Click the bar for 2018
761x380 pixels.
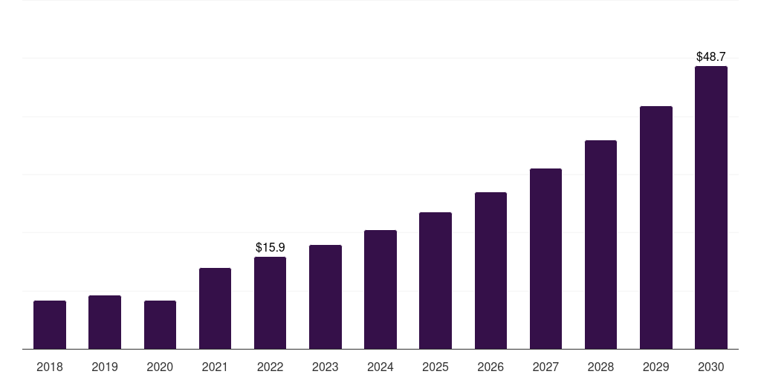[50, 325]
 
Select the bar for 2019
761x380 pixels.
[105, 322]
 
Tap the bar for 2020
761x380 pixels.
[161, 325]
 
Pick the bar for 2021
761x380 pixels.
[215, 308]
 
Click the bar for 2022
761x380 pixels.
[270, 303]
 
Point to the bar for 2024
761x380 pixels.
[380, 289]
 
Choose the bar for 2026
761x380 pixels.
[490, 270]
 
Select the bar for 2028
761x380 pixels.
[600, 245]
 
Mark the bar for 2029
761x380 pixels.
[656, 227]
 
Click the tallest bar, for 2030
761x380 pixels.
[711, 208]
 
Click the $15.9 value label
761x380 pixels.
[271, 247]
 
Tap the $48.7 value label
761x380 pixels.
[711, 56]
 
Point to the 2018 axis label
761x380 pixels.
[50, 367]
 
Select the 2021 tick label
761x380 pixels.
[215, 367]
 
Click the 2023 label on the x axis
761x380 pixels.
[326, 367]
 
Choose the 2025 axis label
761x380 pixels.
[435, 367]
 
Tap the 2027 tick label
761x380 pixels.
[545, 367]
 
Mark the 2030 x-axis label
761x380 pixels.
[711, 367]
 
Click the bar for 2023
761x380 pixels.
[326, 297]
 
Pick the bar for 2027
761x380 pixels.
[545, 259]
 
